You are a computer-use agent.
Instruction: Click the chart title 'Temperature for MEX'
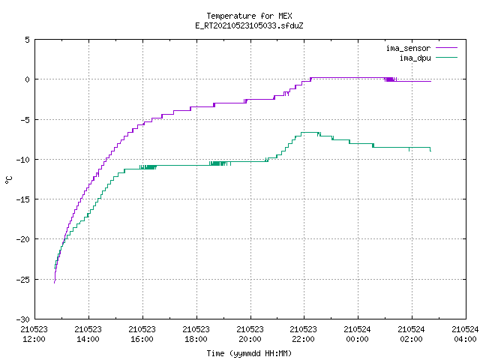(x=249, y=16)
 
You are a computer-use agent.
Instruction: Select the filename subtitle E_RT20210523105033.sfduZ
(x=249, y=25)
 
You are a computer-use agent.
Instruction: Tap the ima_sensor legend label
(x=408, y=48)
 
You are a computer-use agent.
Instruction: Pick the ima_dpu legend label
(x=415, y=58)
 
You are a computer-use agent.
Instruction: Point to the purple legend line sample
(x=447, y=48)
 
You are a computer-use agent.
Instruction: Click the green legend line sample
(x=447, y=57)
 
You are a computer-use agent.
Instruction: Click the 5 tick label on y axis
(x=28, y=40)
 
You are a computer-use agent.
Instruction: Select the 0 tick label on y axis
(x=28, y=79)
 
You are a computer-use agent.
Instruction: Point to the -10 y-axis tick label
(x=23, y=160)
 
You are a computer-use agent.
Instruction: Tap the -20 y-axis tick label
(x=23, y=239)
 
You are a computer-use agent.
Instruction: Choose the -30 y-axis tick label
(x=23, y=319)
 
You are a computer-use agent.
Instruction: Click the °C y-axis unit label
(x=8, y=180)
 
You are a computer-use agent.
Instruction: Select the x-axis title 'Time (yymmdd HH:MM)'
(x=249, y=353)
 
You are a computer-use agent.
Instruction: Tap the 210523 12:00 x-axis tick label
(x=34, y=334)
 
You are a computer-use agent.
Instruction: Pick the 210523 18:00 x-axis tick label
(x=196, y=334)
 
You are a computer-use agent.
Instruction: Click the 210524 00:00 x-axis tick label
(x=357, y=334)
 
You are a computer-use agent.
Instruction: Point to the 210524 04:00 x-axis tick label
(x=465, y=334)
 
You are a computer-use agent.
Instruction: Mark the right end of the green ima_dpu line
(x=430, y=151)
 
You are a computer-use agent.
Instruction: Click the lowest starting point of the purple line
(x=55, y=283)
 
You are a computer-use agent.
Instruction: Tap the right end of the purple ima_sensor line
(x=431, y=81)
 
